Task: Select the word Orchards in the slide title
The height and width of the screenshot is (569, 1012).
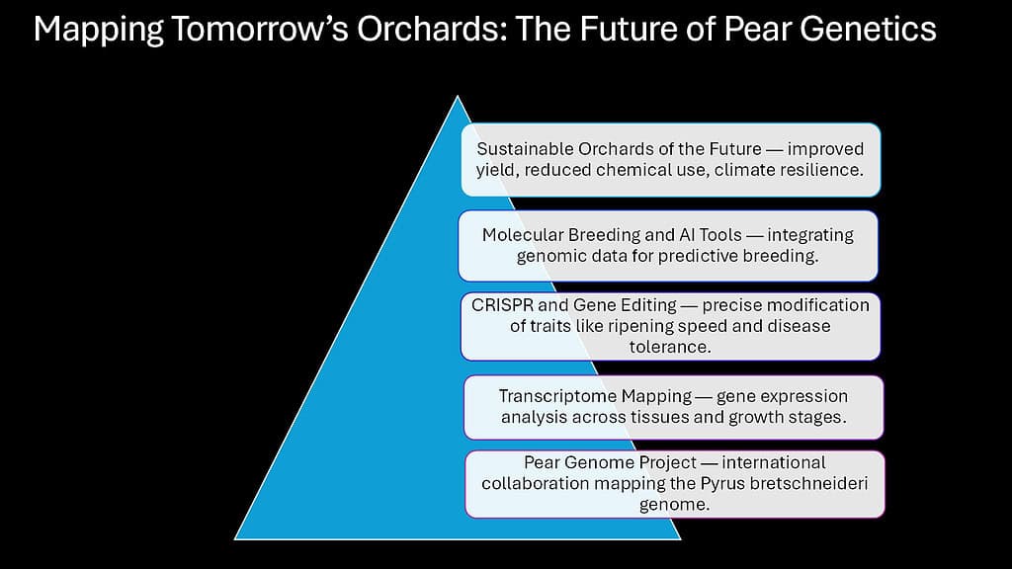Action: pos(432,29)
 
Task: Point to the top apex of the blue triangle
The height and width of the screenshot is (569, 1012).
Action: pos(458,96)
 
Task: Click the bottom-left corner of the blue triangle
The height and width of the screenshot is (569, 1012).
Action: pos(235,538)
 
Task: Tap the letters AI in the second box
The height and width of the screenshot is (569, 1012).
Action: pos(686,235)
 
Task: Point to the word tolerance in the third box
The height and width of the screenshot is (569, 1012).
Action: pos(670,347)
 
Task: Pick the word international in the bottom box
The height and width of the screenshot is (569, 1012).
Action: pos(774,462)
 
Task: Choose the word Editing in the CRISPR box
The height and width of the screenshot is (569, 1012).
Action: pos(648,306)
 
